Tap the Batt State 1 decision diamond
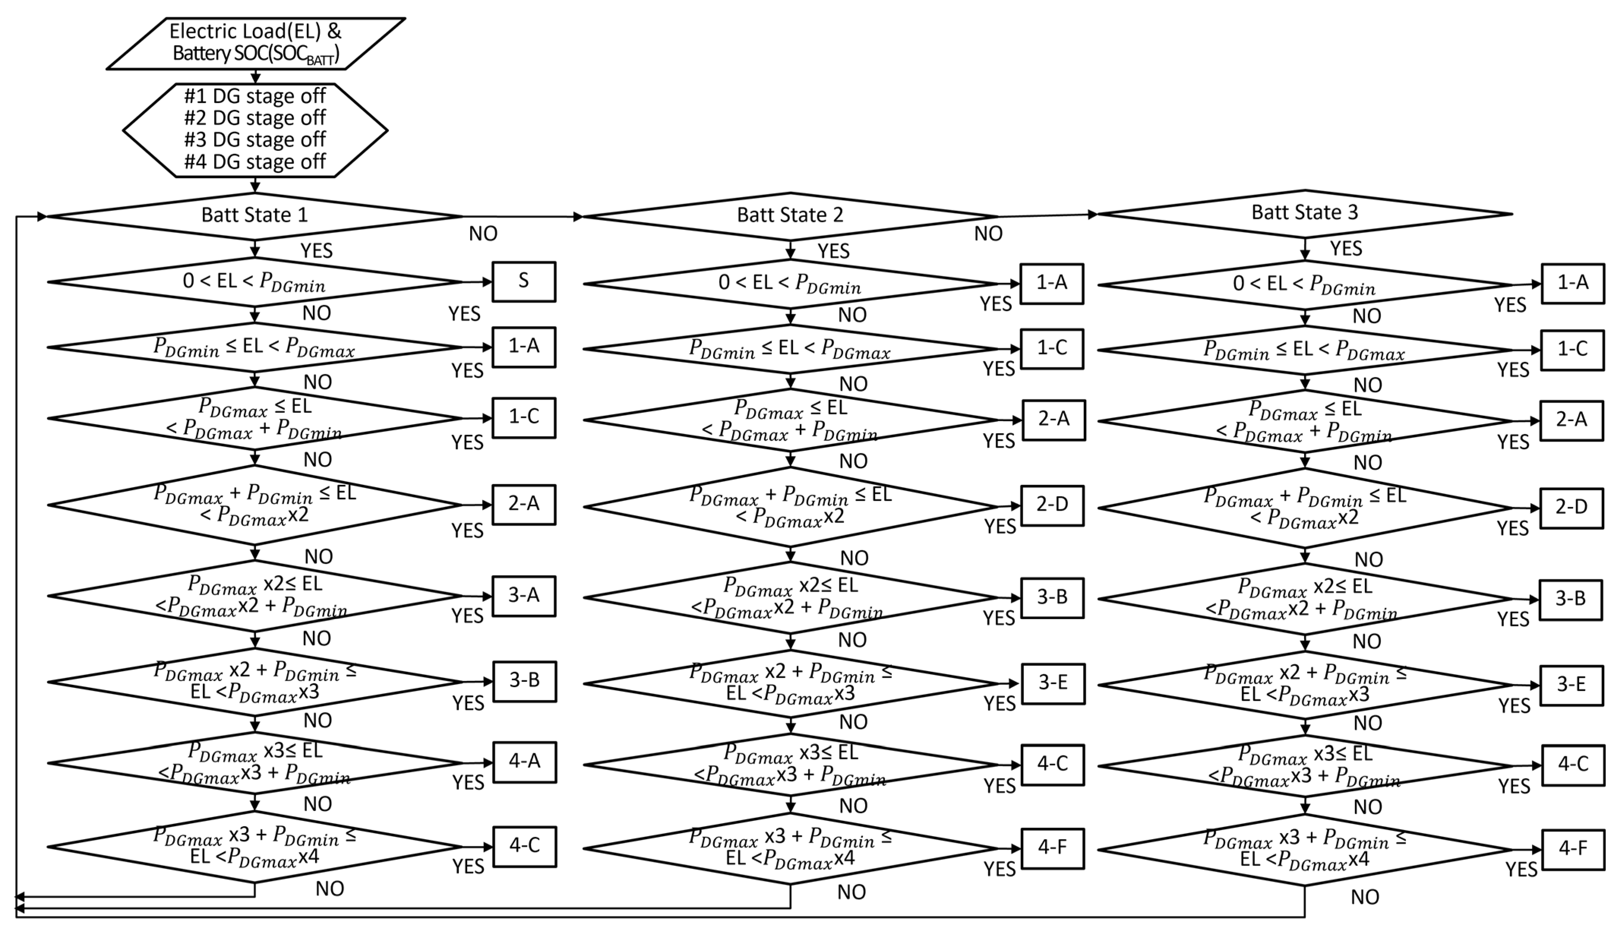tap(255, 216)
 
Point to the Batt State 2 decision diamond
tap(790, 216)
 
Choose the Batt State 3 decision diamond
tap(1305, 213)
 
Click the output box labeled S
tap(524, 281)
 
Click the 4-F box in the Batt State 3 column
tap(1573, 849)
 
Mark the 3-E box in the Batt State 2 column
tap(1053, 683)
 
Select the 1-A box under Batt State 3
tap(1573, 283)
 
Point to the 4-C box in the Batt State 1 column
tap(524, 846)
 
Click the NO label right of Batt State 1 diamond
tap(483, 234)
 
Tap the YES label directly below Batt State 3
tap(1346, 249)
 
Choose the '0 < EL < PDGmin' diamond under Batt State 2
tap(790, 283)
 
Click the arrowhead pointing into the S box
tap(486, 281)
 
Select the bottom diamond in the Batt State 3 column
tap(1305, 850)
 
